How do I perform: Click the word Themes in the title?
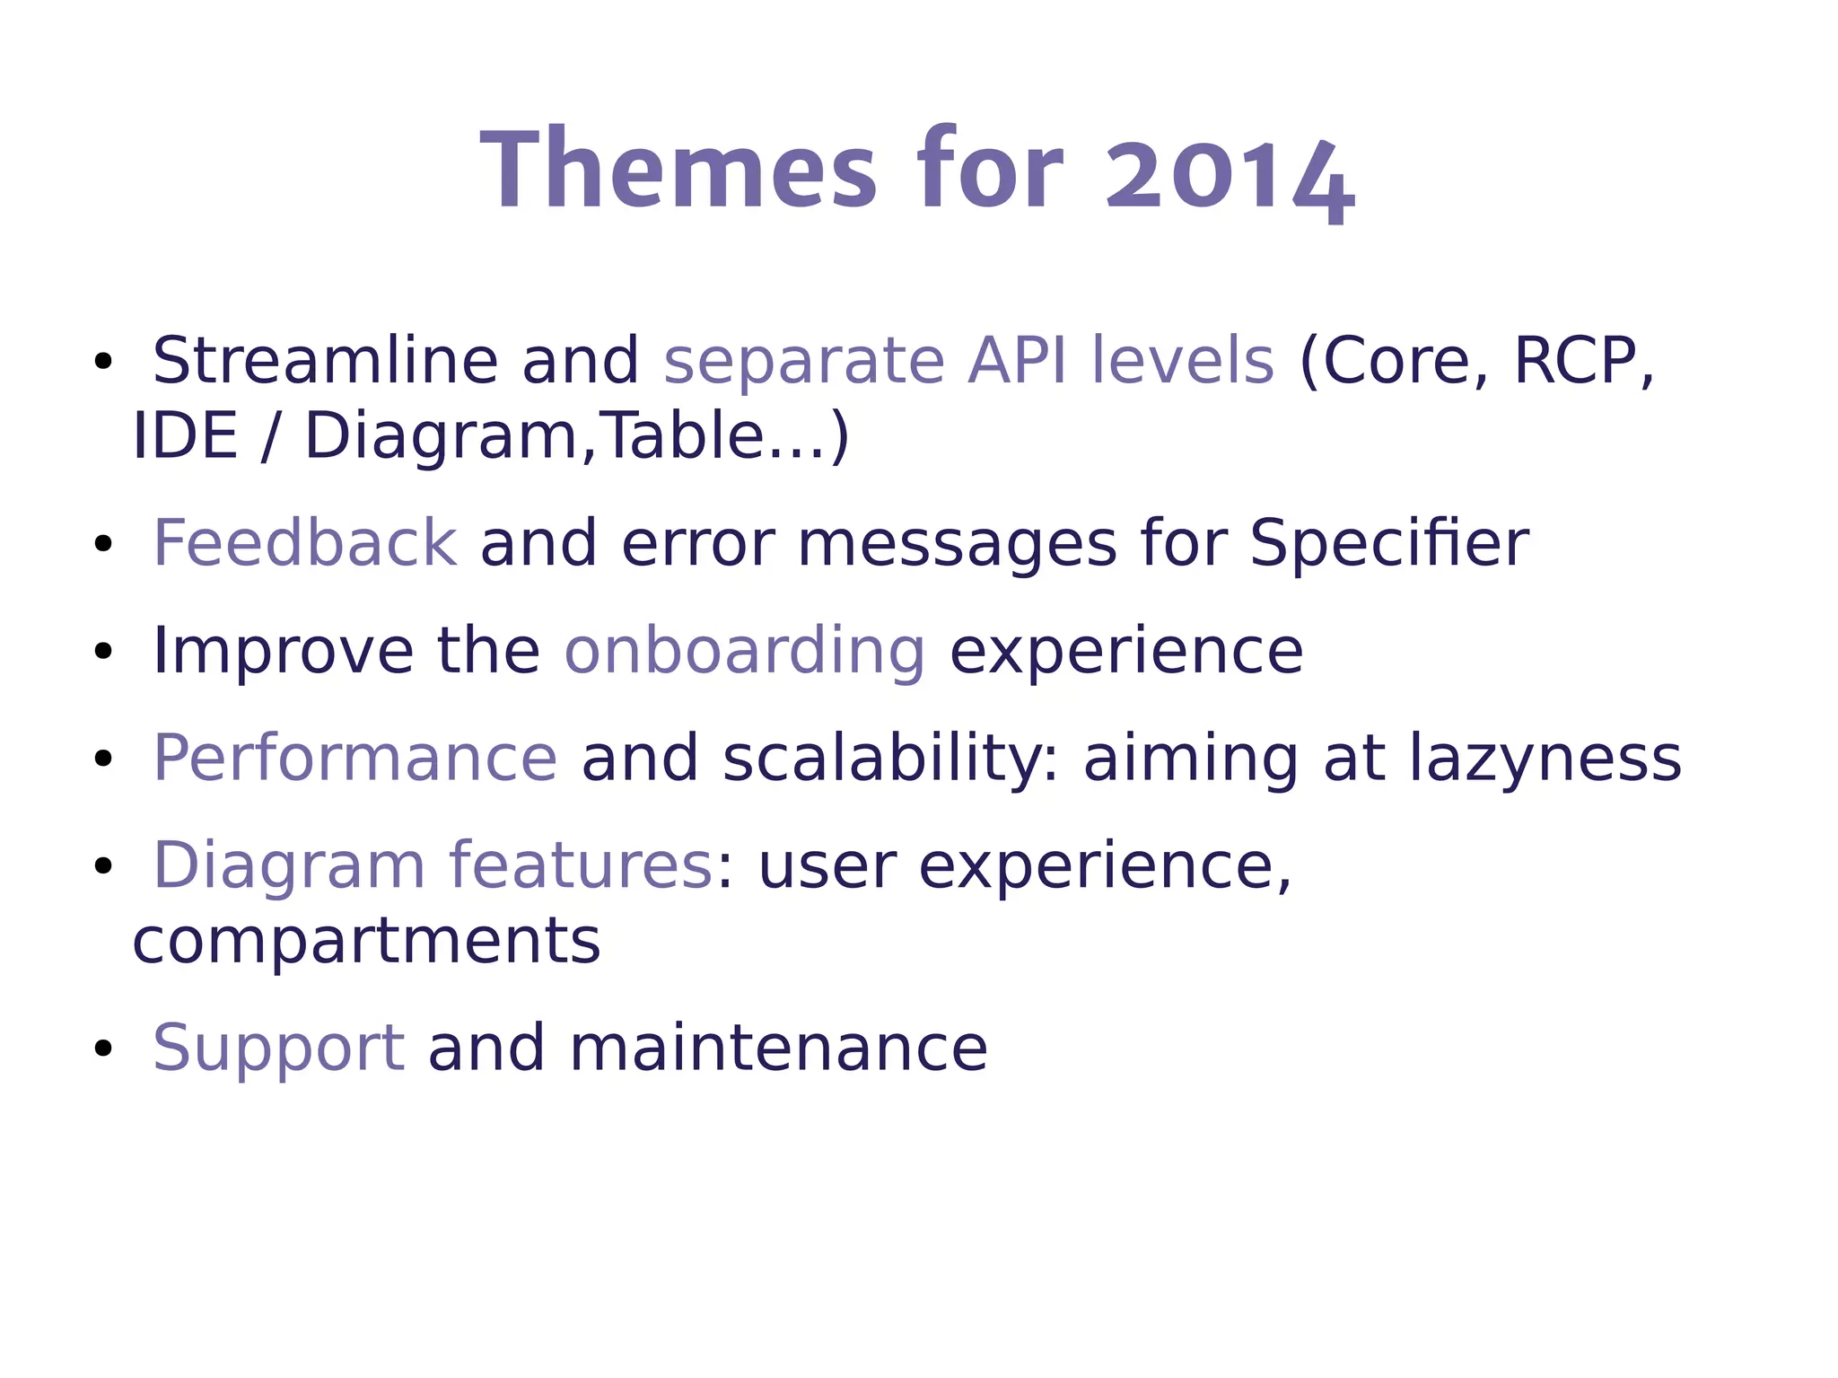(678, 171)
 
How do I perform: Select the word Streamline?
(325, 361)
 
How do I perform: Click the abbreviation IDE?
(185, 436)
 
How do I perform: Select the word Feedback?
(305, 543)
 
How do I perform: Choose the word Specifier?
(1388, 543)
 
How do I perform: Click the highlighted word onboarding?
(744, 651)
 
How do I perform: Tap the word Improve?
(284, 651)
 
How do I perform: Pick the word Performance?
(355, 759)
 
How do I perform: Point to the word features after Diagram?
(580, 865)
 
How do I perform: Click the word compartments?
(366, 941)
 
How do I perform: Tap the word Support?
(278, 1048)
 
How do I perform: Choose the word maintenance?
(778, 1048)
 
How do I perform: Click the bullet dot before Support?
(103, 1048)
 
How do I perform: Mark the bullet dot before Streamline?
(103, 362)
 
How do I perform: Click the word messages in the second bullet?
(957, 543)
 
